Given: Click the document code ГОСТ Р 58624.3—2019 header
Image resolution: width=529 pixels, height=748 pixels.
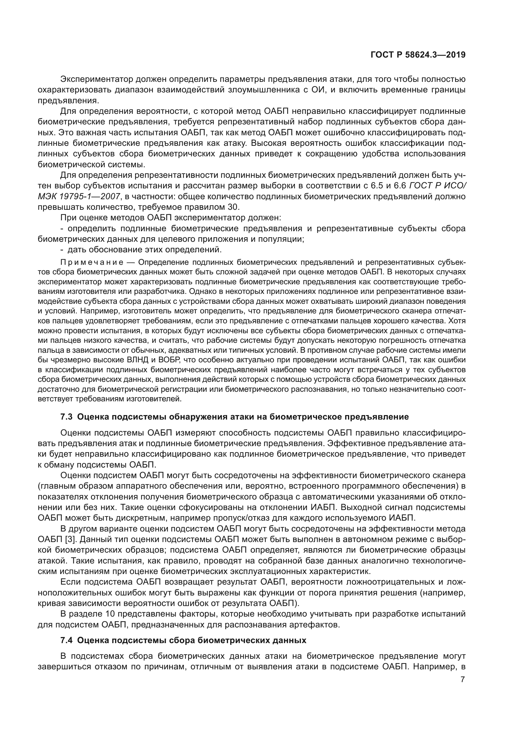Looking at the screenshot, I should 418,55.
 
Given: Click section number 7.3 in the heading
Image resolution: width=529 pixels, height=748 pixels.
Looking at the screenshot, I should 67,417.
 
